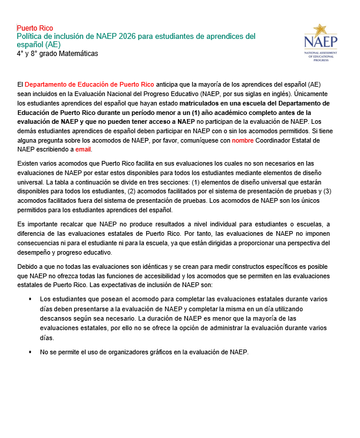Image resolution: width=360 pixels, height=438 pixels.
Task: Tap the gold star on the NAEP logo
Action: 320,29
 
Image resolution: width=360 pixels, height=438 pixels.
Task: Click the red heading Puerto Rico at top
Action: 35,28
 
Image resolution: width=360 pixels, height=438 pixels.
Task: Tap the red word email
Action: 83,149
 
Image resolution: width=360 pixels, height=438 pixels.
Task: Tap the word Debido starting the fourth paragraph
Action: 28,267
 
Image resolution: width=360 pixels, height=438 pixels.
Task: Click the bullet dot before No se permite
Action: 30,352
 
